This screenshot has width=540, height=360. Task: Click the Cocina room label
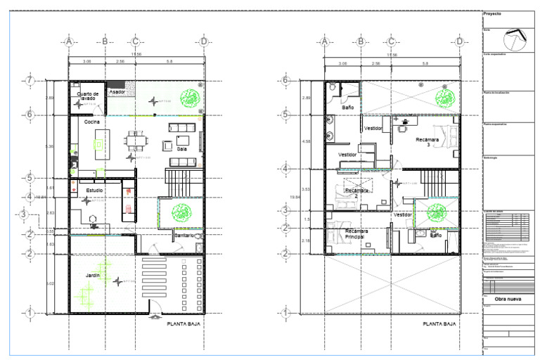coord(92,122)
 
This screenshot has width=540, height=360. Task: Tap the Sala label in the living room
coord(181,149)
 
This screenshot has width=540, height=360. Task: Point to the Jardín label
coord(94,276)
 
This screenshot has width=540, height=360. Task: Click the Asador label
coord(117,92)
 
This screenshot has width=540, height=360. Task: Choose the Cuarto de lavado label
coord(89,96)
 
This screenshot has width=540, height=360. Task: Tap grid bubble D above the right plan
coord(459,42)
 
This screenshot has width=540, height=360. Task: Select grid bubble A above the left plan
coord(69,42)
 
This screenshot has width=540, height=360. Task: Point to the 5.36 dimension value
coord(49,146)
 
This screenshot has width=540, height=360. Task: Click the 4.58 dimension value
coord(305,141)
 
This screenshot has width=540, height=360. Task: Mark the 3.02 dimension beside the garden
coord(49,284)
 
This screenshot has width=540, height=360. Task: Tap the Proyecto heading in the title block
coord(492,13)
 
